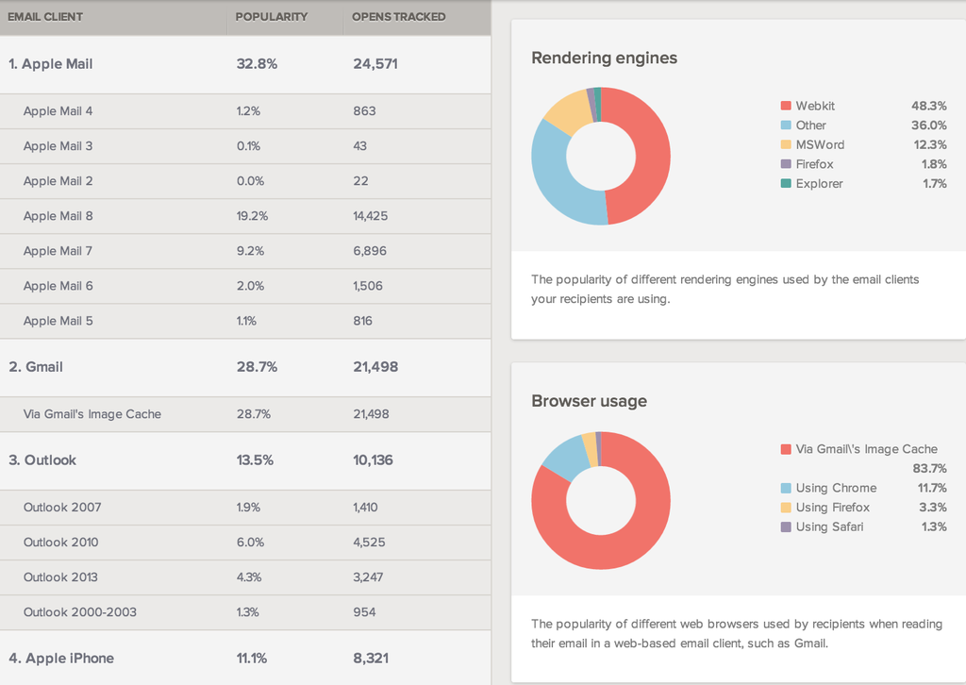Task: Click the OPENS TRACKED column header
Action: [x=398, y=17]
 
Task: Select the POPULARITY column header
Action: [x=272, y=17]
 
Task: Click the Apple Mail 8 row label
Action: [x=58, y=216]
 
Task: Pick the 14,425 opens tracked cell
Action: [x=370, y=216]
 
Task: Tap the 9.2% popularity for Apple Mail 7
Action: [x=252, y=251]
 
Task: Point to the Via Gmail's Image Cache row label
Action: [x=92, y=414]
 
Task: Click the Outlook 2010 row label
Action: [x=61, y=543]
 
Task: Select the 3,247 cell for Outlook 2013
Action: [x=370, y=577]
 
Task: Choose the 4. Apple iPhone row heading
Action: [x=61, y=659]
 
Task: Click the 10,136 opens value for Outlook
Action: [x=374, y=460]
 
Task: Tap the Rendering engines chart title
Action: [x=604, y=58]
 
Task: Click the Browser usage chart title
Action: [x=589, y=401]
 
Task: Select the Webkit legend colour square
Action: [x=786, y=106]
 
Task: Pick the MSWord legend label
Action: [x=820, y=144]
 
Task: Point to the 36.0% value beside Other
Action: [x=928, y=125]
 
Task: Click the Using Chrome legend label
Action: [x=836, y=488]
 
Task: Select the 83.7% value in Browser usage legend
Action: [x=929, y=469]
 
